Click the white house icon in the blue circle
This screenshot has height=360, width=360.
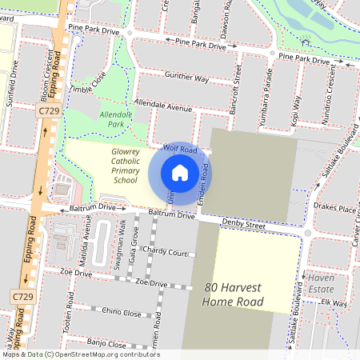pos(180,173)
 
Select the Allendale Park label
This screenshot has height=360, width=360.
pos(114,120)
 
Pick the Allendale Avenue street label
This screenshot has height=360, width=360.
pos(164,106)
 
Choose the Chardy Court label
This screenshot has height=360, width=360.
pos(165,253)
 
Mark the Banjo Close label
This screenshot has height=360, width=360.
pos(106,343)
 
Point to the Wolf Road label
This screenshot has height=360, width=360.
pos(179,150)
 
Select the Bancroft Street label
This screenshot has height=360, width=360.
pos(238,86)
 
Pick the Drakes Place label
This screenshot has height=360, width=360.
pos(335,210)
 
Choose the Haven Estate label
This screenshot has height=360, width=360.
pos(321,283)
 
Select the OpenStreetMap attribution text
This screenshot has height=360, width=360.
pos(80,354)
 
